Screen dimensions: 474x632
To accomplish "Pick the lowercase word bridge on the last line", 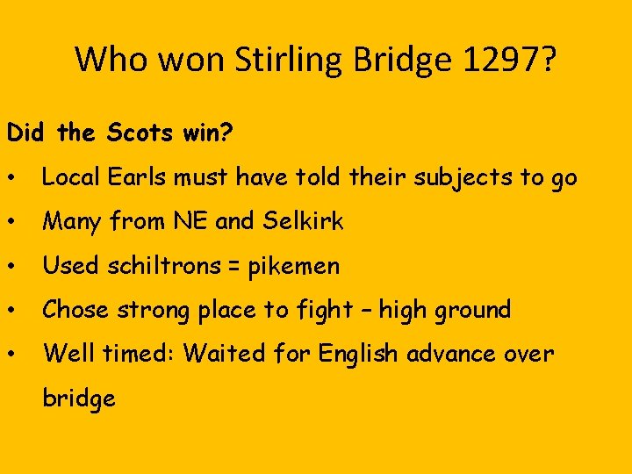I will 79,398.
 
